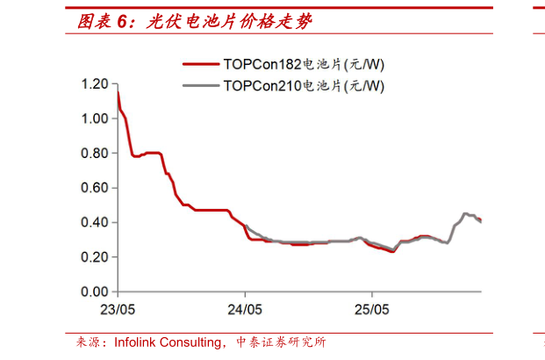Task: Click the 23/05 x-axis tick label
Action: coord(118,310)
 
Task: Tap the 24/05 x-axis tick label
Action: coord(245,310)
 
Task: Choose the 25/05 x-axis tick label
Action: coord(371,310)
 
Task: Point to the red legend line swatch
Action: coord(201,64)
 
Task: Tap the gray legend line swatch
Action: coord(201,86)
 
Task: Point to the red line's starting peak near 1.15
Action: coord(118,92)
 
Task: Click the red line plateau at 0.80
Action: coord(153,153)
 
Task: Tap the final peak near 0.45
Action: coord(466,213)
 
